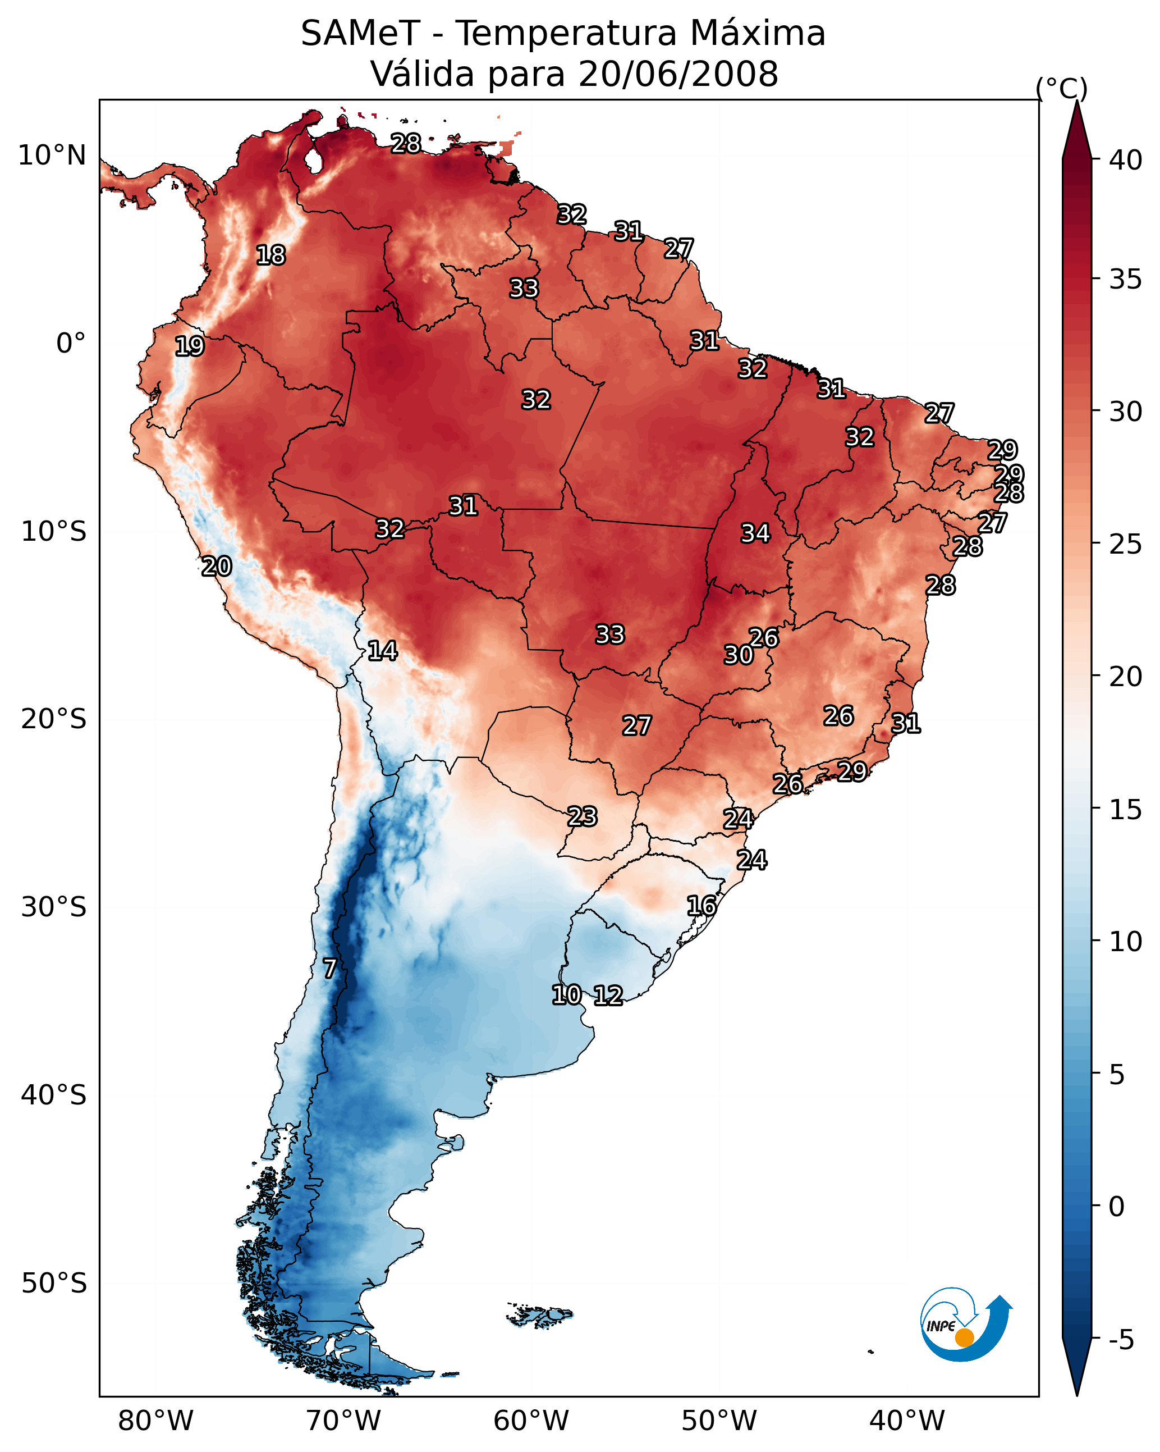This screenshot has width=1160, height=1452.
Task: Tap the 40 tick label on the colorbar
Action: click(1126, 160)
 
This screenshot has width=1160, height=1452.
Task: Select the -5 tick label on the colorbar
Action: click(1122, 1340)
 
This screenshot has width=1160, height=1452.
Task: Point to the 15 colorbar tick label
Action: click(1126, 809)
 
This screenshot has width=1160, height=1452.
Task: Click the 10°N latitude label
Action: click(52, 156)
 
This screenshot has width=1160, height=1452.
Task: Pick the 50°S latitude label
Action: click(54, 1283)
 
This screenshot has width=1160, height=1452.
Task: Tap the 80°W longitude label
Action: click(155, 1421)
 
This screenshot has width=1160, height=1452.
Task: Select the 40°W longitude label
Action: click(907, 1421)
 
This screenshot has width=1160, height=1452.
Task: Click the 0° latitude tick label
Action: click(71, 344)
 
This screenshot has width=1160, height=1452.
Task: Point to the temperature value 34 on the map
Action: click(755, 533)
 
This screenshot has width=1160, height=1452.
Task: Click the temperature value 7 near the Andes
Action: click(329, 969)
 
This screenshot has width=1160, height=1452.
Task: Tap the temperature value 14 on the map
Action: click(382, 651)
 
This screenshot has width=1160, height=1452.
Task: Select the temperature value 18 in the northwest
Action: click(270, 255)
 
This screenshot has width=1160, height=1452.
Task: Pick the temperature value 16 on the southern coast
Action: click(701, 906)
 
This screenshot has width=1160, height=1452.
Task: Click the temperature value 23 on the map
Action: click(581, 817)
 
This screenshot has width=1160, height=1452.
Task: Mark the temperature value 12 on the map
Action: click(608, 996)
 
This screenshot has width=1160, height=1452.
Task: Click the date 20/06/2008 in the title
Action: click(678, 74)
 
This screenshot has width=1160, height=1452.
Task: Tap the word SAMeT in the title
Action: click(360, 33)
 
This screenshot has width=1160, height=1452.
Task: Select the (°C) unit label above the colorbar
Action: click(1062, 88)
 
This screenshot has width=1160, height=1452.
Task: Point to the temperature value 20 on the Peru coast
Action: click(217, 567)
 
